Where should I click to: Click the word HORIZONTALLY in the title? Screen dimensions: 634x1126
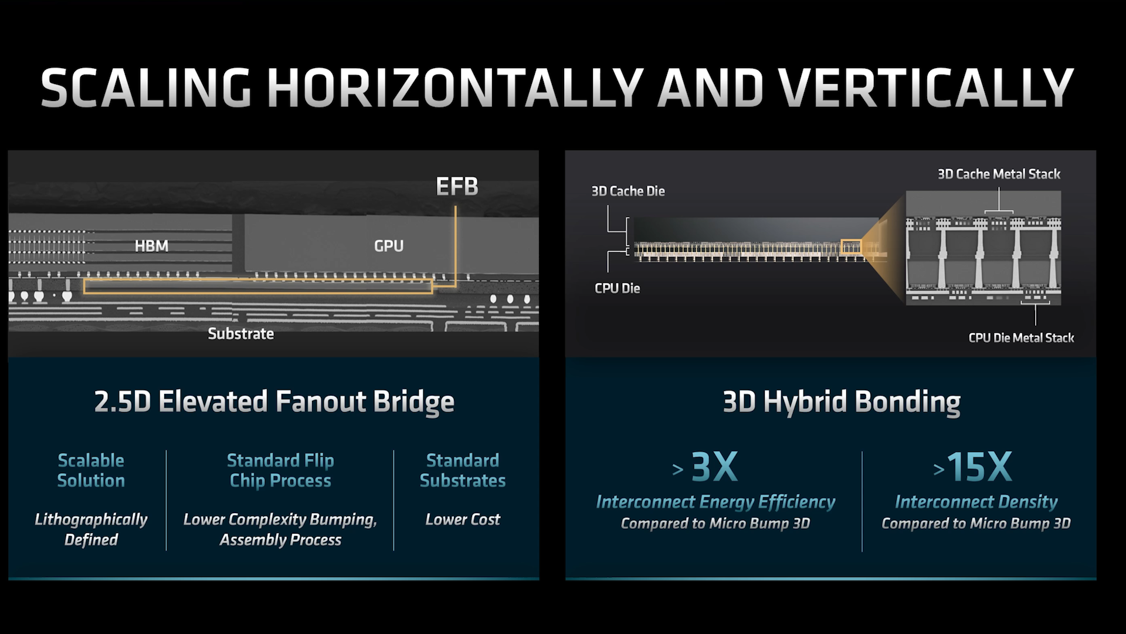point(456,88)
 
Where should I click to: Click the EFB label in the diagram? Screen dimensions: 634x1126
point(457,187)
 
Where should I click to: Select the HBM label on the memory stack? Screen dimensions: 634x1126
point(151,246)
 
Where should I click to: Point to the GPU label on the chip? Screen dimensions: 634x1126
point(389,246)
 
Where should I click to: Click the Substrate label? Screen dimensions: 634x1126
point(240,334)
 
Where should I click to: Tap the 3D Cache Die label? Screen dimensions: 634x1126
point(628,191)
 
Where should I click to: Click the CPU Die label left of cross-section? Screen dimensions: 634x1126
point(617,288)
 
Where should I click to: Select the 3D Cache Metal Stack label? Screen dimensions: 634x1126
point(999,174)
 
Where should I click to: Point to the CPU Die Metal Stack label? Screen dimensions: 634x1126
point(1021,338)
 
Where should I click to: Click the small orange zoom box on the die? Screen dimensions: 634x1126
point(850,247)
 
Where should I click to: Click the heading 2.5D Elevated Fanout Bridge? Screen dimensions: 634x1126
point(274,402)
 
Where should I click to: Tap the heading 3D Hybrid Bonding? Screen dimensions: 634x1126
point(842,402)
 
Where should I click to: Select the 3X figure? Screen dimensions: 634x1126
point(714,467)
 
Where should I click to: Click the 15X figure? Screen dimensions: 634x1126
point(979,467)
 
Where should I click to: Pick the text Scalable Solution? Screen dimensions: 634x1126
point(91,470)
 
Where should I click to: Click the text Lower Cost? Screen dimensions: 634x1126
point(463,520)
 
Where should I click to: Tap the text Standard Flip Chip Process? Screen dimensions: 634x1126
point(280,470)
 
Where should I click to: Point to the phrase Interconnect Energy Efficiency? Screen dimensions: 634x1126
point(715,502)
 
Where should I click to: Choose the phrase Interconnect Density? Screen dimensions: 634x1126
point(976,502)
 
